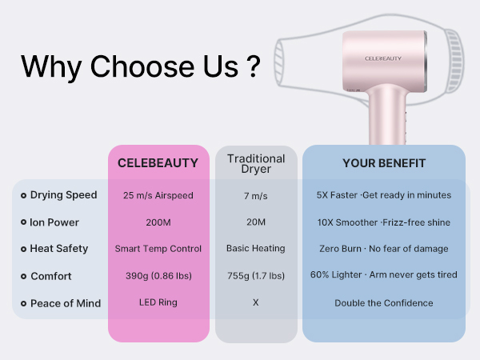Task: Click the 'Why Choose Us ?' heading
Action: (141, 66)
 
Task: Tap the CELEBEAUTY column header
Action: (158, 163)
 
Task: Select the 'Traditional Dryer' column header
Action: (256, 163)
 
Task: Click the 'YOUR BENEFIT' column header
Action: (384, 163)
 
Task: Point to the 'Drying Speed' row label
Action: (64, 195)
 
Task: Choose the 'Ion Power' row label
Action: (54, 222)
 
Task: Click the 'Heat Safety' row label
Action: (59, 249)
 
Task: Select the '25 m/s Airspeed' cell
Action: (158, 195)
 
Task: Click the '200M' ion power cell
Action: (158, 222)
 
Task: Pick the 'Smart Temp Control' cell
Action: (158, 249)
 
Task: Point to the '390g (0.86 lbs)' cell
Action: (158, 276)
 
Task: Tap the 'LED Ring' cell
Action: (158, 303)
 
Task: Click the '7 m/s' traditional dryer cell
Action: (256, 195)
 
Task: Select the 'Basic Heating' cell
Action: (256, 249)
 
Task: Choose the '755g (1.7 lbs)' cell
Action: (256, 276)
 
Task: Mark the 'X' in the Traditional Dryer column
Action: (256, 303)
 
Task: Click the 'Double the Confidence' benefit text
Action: (384, 303)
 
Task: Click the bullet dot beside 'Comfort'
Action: (23, 277)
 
